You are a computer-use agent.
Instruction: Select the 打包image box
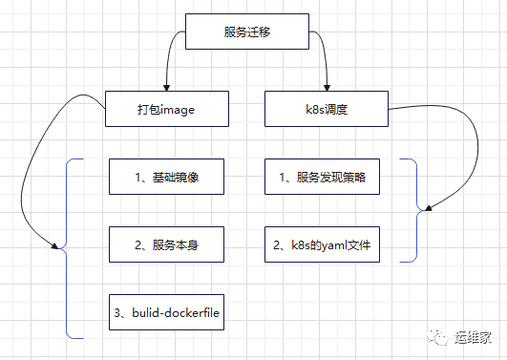(x=166, y=109)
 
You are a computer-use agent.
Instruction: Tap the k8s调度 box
(x=326, y=109)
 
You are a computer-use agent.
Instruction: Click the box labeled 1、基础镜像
(x=166, y=177)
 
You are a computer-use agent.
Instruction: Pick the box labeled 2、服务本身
(x=166, y=244)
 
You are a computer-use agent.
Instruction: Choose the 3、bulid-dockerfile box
(x=172, y=312)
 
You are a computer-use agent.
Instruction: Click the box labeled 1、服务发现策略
(x=326, y=177)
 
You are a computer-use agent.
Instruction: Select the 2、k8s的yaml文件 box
(x=326, y=244)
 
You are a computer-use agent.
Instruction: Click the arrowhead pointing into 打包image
(x=167, y=88)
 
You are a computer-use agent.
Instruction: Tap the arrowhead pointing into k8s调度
(x=327, y=88)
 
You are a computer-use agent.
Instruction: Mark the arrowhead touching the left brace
(x=56, y=249)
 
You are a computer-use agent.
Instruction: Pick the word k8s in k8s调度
(x=313, y=109)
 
